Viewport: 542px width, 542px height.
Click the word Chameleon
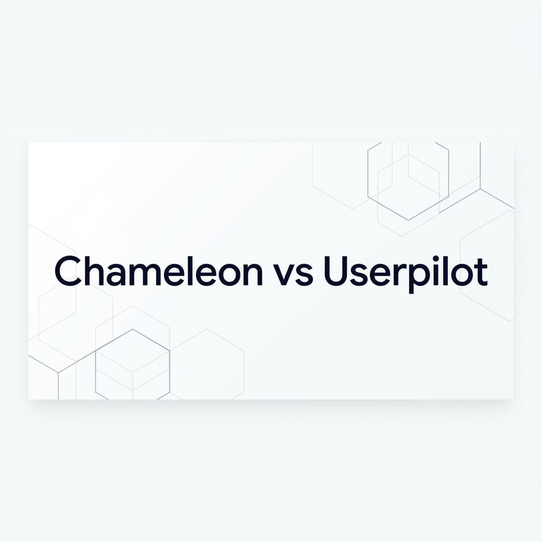click(x=158, y=271)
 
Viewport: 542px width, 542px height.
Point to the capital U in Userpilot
click(x=337, y=271)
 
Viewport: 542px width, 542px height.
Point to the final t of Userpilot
click(x=481, y=272)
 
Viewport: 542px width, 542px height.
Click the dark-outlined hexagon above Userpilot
click(x=408, y=180)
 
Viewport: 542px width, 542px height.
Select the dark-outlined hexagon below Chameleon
click(x=132, y=365)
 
